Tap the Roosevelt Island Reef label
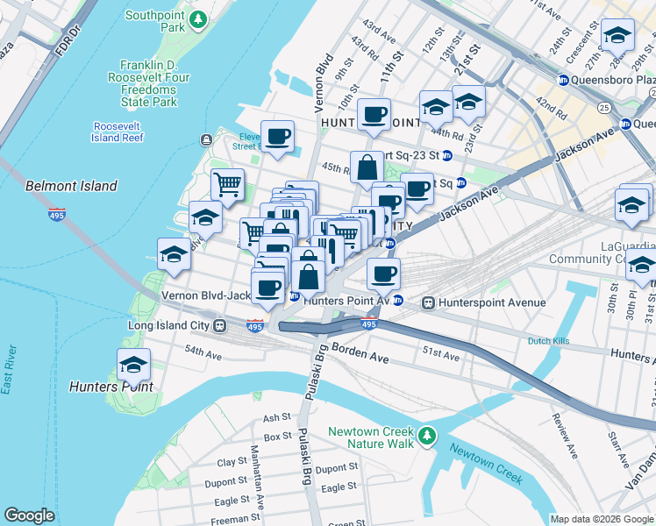point(118,131)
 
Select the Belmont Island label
point(71,186)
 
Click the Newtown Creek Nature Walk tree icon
point(426,436)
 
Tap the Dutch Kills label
point(551,341)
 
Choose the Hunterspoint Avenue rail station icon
point(429,303)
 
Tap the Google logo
point(29,515)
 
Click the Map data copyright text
point(602,519)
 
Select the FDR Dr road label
point(67,42)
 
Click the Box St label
point(277,436)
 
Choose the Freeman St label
point(231,519)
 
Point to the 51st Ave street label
point(441,356)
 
